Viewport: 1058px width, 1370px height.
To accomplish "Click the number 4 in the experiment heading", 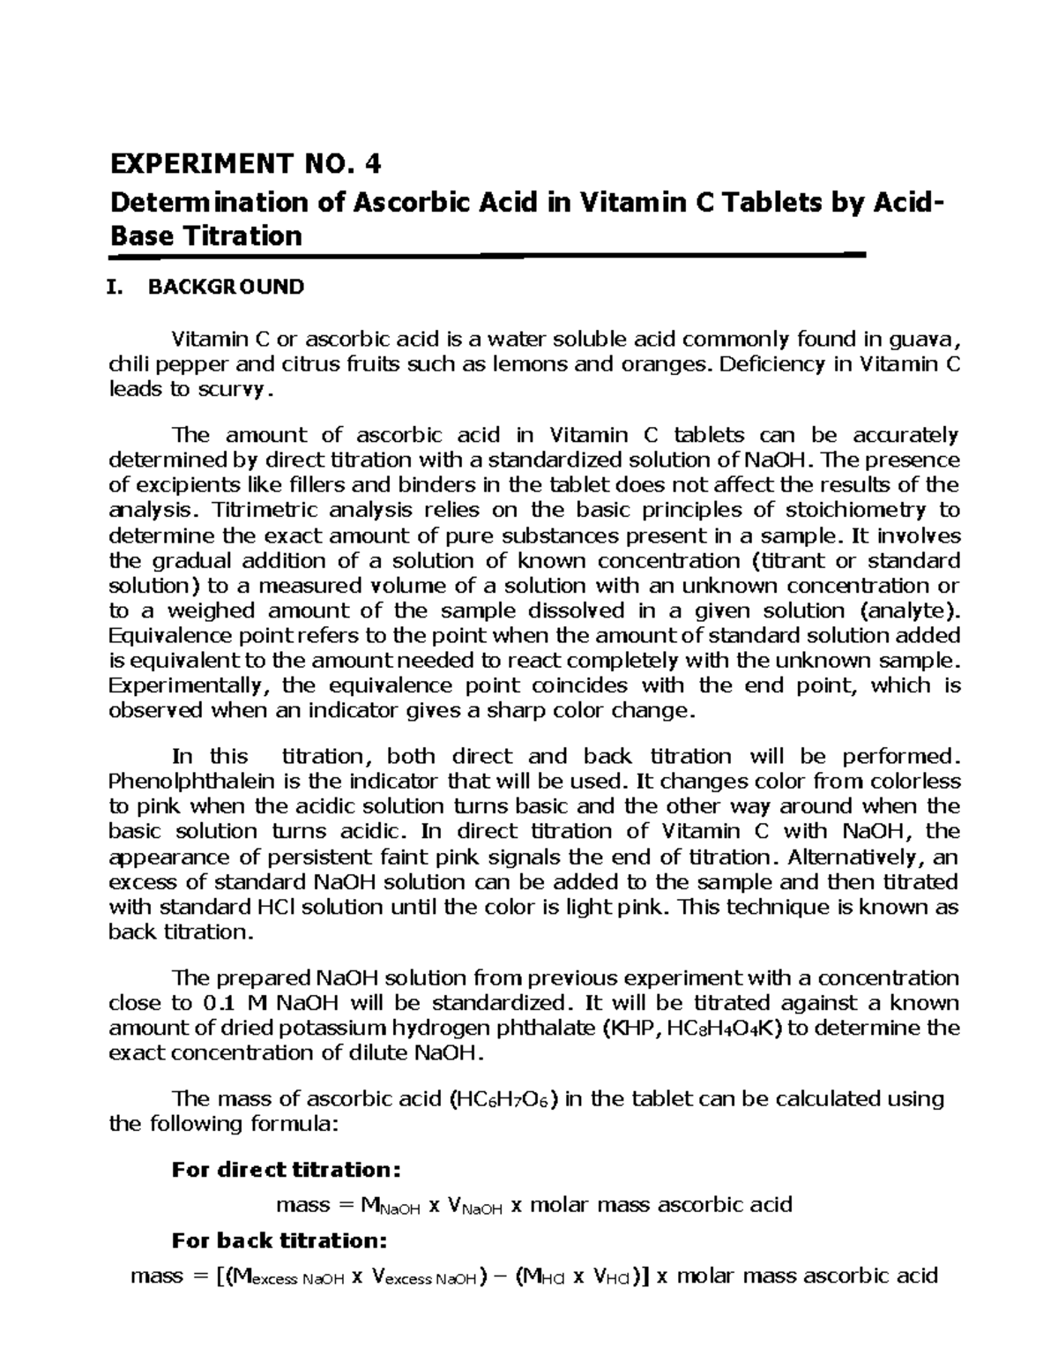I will tap(376, 164).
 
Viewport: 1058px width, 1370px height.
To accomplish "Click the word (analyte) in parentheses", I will tap(905, 610).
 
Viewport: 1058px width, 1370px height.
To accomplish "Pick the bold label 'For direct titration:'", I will tap(287, 1170).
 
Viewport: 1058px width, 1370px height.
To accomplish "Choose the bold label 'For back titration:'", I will tap(279, 1240).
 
